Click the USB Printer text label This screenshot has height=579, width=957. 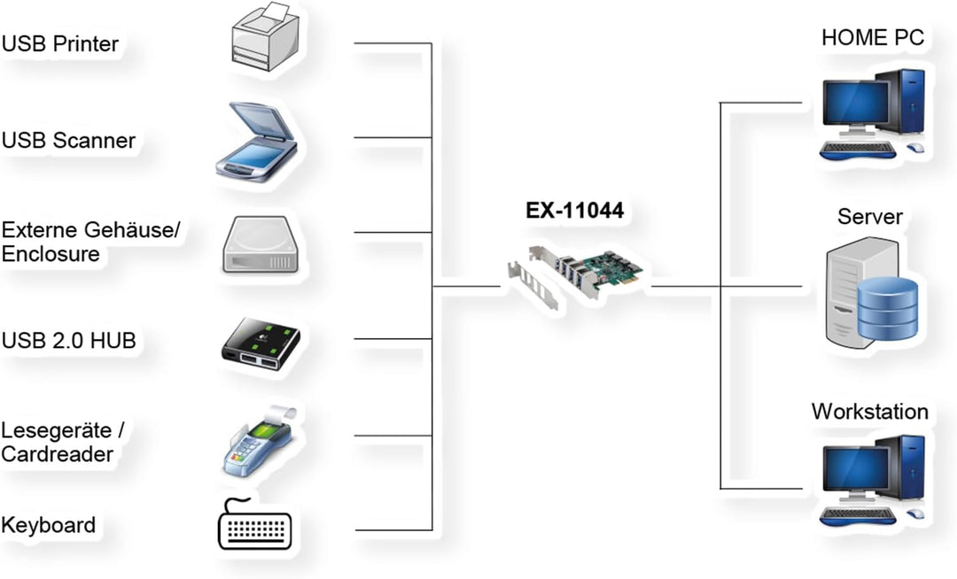point(60,43)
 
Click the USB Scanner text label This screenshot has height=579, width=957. point(68,140)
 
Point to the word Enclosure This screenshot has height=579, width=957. point(51,254)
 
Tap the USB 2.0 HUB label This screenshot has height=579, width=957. point(68,340)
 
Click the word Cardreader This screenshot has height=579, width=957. point(58,454)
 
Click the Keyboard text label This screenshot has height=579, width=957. point(49,524)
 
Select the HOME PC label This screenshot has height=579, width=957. point(872,37)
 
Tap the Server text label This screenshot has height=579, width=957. point(869,217)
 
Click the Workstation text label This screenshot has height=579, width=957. point(869,412)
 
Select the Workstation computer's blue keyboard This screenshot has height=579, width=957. point(857,517)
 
